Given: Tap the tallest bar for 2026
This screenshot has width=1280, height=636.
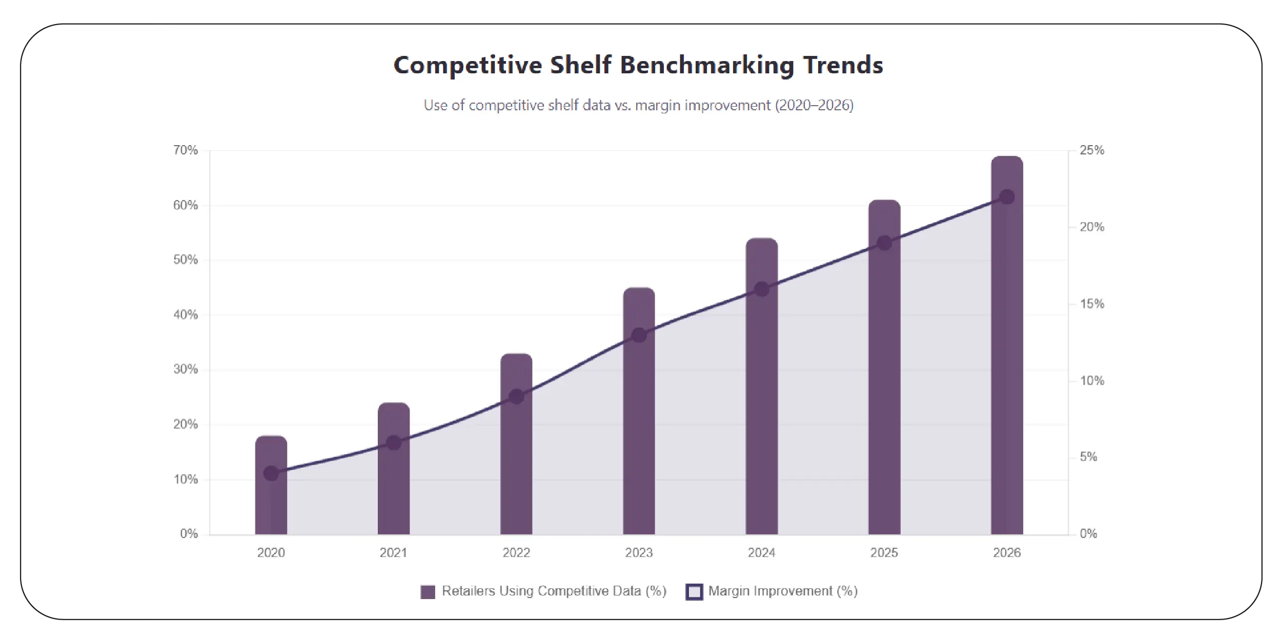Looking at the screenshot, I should (1007, 359).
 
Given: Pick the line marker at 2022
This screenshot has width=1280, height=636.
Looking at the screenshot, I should (516, 396).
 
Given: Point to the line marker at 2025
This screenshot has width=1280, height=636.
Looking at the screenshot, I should (884, 243).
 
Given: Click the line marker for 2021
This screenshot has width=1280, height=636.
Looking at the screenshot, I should (394, 443).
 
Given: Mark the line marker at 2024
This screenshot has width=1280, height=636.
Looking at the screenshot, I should (762, 289).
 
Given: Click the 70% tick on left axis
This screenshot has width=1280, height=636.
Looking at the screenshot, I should (185, 150).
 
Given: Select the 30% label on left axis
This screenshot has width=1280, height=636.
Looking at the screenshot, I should (185, 369).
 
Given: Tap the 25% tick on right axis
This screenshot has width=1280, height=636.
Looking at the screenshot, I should (1092, 150).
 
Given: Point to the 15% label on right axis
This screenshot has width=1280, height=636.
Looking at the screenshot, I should (1092, 304).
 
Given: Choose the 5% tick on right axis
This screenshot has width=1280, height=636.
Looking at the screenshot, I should (1088, 457).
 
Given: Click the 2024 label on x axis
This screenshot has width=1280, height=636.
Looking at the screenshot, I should (761, 553).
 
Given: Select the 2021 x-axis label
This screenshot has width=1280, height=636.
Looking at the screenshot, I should (393, 553).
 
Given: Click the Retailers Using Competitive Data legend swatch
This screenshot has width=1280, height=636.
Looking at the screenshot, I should (428, 592).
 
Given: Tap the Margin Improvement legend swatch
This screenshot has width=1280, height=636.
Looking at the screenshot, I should (694, 592).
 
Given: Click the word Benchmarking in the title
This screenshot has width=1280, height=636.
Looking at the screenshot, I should (707, 66).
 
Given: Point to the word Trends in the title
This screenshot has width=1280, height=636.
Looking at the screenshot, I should (843, 66).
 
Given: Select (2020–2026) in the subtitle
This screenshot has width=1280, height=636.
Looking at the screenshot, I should (814, 106).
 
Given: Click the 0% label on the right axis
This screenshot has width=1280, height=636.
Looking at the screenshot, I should (1088, 534).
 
